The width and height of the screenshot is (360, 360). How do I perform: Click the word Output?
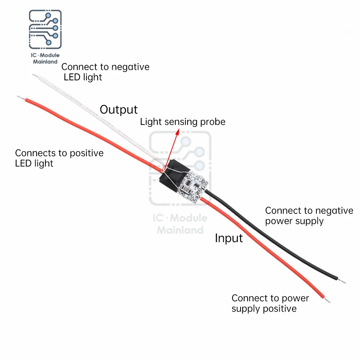coord(118,109)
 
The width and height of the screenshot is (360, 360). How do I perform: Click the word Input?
coord(229,238)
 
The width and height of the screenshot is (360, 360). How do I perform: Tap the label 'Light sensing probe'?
coord(183,122)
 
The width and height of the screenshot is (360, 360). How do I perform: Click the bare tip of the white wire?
coord(35,76)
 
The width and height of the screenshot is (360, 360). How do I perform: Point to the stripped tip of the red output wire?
coord(20,97)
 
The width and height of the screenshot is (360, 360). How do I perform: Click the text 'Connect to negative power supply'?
coord(309,216)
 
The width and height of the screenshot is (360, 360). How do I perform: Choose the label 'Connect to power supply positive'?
coord(270,303)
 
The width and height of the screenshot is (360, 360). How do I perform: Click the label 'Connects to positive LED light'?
coord(59,158)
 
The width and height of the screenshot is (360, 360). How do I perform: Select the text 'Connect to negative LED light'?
coord(105,72)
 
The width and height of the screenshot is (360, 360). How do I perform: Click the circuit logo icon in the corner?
coord(45,30)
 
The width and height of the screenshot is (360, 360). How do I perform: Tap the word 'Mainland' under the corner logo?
coord(45,62)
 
